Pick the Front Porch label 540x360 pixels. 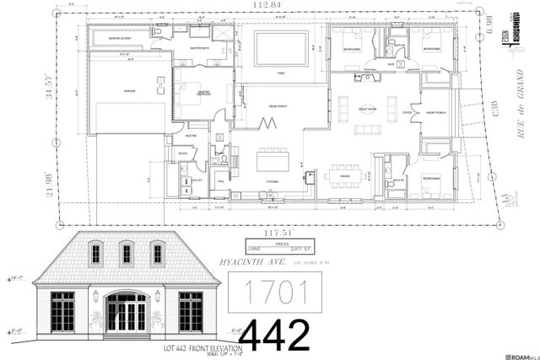[435, 112]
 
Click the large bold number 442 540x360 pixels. [275, 335]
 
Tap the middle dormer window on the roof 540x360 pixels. [127, 253]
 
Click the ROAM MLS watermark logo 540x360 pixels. [516, 352]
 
